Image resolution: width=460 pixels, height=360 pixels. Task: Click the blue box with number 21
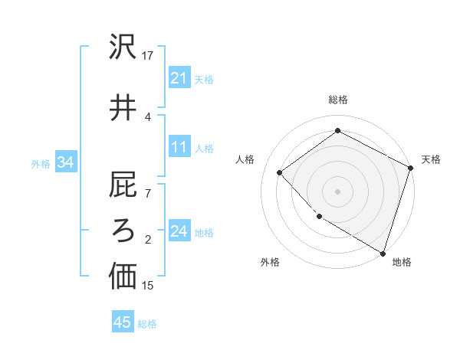(x=179, y=78)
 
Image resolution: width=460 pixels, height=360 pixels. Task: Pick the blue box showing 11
(x=179, y=148)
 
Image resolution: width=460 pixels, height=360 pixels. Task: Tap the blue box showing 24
(x=179, y=232)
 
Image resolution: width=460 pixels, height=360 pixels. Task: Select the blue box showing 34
(x=66, y=162)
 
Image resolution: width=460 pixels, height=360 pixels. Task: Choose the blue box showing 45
(x=123, y=322)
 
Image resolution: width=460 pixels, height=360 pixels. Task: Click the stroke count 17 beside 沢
(x=148, y=55)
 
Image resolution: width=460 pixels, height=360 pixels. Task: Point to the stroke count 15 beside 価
(x=148, y=286)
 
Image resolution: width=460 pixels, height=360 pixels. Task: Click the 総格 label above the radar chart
(x=338, y=100)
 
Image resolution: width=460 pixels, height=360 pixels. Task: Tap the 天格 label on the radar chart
(x=431, y=159)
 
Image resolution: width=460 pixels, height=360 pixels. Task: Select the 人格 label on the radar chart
(x=245, y=159)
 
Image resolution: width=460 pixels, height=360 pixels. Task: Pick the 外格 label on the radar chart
(x=270, y=262)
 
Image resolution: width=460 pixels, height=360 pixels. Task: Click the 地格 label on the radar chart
(x=402, y=262)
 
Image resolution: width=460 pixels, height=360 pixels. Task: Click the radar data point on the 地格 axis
(x=383, y=252)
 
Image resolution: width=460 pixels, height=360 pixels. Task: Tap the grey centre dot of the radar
(x=338, y=191)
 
